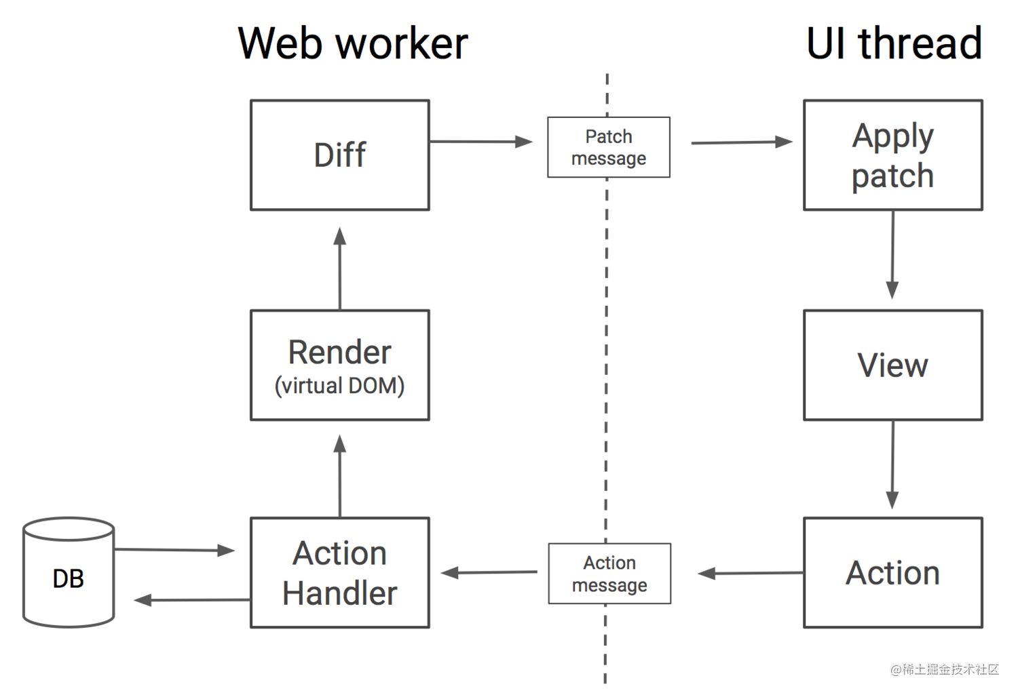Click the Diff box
tap(340, 155)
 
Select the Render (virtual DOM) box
tap(340, 365)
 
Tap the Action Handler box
tap(340, 572)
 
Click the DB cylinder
tap(69, 572)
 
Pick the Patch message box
tap(609, 147)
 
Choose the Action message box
tap(609, 574)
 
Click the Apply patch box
tap(893, 155)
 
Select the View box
tap(893, 365)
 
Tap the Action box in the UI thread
tap(893, 572)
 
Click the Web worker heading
tap(353, 43)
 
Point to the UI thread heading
tap(894, 43)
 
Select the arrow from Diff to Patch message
tap(480, 142)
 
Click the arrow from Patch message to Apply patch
tap(742, 142)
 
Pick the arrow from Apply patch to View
tap(892, 255)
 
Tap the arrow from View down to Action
tap(892, 465)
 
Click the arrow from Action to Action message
tap(751, 574)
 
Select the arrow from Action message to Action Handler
tap(489, 572)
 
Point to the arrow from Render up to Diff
tap(340, 269)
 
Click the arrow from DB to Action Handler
tap(174, 550)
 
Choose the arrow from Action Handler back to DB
tap(192, 600)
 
